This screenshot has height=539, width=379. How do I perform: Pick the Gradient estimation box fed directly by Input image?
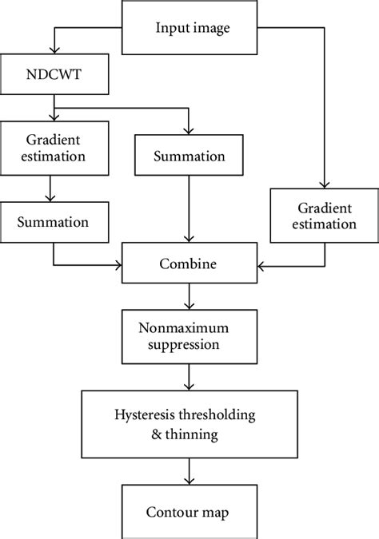(324, 215)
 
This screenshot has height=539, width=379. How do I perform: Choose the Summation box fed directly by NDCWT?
(189, 155)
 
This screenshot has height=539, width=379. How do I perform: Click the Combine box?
(189, 264)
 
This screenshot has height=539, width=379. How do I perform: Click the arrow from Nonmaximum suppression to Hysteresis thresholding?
(189, 377)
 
